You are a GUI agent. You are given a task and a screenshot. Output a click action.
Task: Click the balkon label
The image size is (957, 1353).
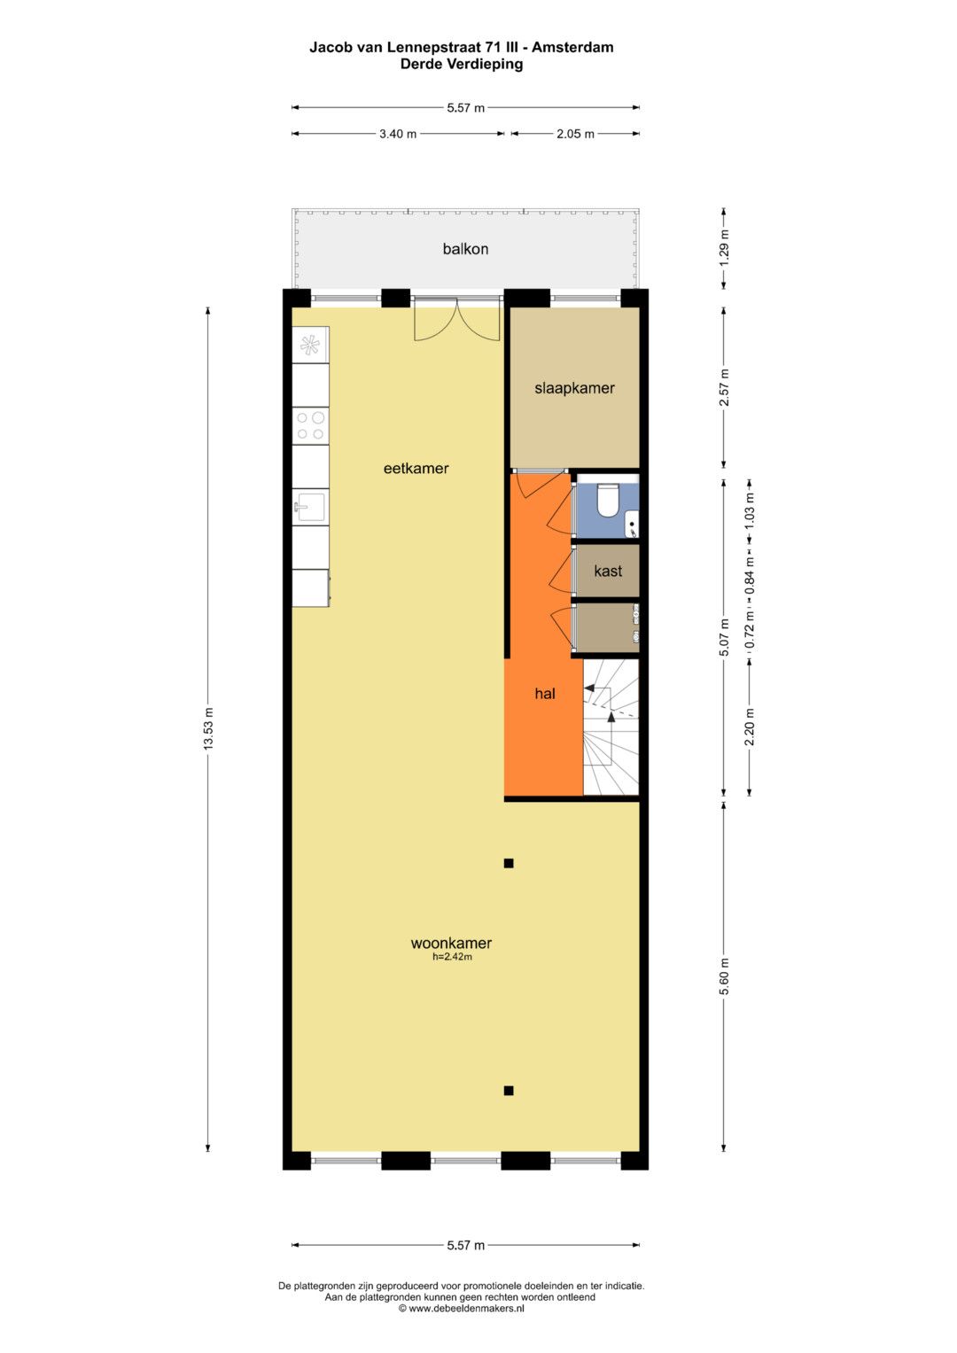point(465,249)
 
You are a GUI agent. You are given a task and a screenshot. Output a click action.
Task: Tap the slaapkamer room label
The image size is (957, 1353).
point(574,388)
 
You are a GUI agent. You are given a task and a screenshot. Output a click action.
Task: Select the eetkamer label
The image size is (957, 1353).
point(416,468)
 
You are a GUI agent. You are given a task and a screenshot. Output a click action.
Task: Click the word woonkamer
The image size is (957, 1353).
point(451,943)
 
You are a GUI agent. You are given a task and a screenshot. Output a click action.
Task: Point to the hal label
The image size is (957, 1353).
point(545,694)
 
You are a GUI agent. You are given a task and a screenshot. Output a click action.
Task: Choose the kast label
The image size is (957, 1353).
point(608,571)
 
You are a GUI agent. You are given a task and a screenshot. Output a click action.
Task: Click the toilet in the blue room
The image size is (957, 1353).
point(605,501)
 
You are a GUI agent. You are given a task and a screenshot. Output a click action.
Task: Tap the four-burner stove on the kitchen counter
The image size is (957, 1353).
point(310,426)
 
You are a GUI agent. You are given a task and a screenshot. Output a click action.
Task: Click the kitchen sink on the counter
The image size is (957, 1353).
point(310,506)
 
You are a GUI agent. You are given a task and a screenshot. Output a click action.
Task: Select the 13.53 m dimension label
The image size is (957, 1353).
point(208,727)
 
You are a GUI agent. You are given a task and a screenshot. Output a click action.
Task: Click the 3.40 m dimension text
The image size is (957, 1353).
point(398,134)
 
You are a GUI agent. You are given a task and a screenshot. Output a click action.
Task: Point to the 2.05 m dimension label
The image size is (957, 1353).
point(575,134)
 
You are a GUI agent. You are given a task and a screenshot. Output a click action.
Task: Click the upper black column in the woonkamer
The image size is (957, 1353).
point(509,864)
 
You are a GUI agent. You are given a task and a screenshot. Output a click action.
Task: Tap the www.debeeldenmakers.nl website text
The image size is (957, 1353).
point(466,1309)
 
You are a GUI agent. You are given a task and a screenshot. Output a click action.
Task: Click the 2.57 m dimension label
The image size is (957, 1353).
point(725,387)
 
